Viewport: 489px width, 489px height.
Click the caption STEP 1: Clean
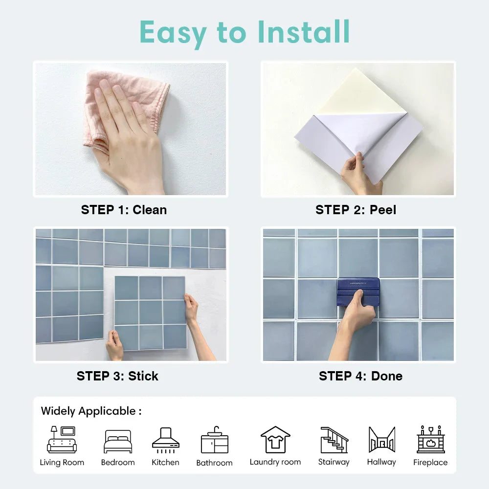coord(124,210)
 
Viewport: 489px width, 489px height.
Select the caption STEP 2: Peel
coord(356,210)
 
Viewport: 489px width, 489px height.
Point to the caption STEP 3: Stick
coord(117,376)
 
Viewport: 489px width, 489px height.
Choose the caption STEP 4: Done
coord(360,376)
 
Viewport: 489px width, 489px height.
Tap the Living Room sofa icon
coord(62,440)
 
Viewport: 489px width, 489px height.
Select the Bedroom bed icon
coord(118,441)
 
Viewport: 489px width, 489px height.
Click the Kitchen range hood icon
coord(166,440)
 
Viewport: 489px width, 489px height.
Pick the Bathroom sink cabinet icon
coord(215,440)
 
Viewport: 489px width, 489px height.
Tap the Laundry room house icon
coord(275,440)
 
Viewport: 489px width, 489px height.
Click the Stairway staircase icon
coord(334,440)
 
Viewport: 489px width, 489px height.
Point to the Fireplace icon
coord(431,439)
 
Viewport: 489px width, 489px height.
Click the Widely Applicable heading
coord(91,411)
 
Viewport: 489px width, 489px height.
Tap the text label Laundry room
coord(275,462)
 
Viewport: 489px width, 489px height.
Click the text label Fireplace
coord(430,462)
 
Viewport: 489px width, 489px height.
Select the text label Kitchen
coord(165,462)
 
